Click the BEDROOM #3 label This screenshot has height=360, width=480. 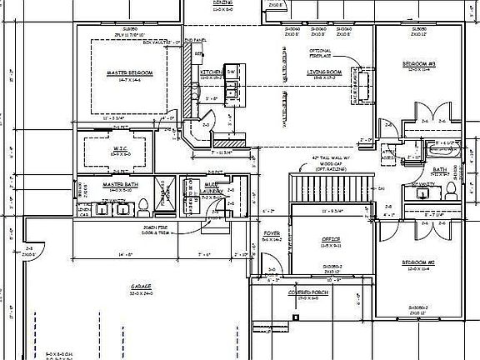(x=419, y=63)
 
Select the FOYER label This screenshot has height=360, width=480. (x=272, y=233)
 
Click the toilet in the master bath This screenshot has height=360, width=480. (x=142, y=205)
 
